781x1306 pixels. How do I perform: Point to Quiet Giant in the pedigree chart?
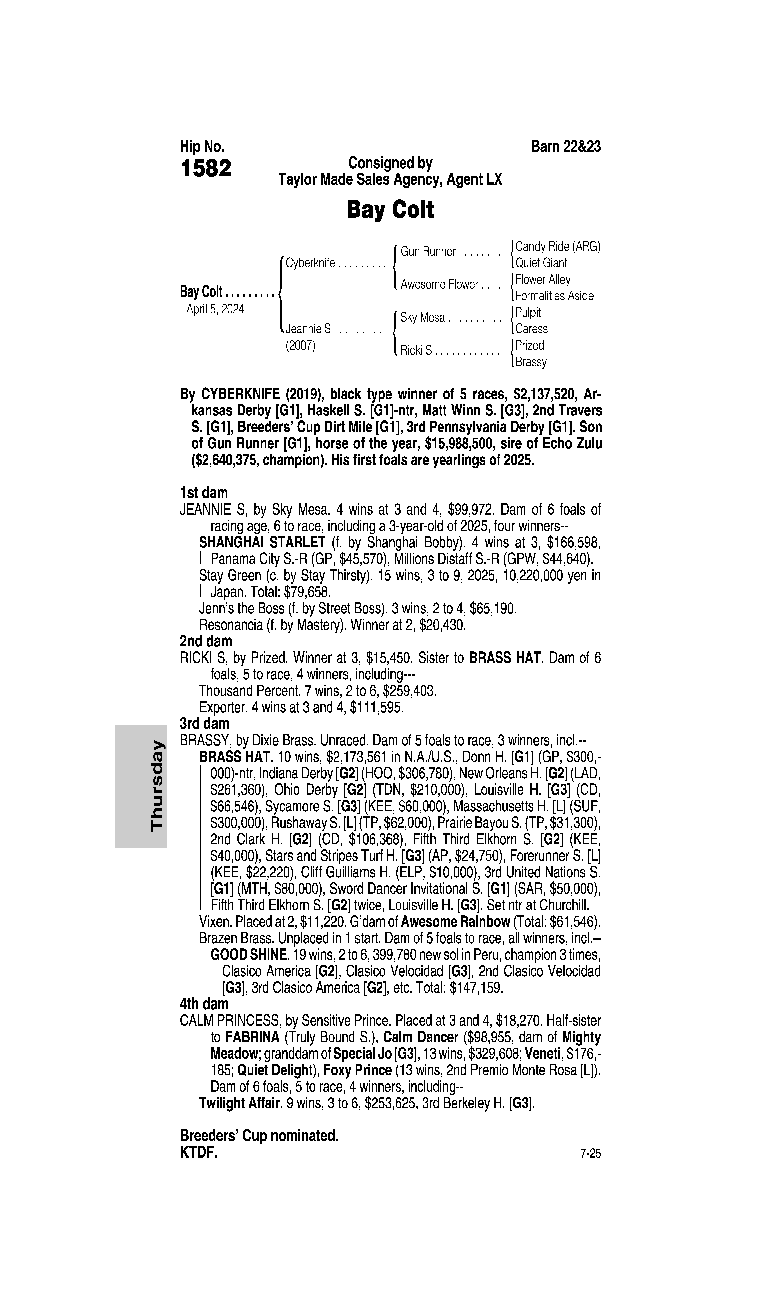pyautogui.click(x=541, y=263)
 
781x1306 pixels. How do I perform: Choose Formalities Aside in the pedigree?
pyautogui.click(x=554, y=296)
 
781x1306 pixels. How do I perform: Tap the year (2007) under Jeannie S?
pyautogui.click(x=300, y=346)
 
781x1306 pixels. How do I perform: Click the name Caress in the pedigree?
pyautogui.click(x=531, y=329)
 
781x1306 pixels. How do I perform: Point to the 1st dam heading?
pyautogui.click(x=204, y=493)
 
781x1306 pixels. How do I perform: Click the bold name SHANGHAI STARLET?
pyautogui.click(x=262, y=542)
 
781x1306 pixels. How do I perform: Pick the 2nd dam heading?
pyautogui.click(x=206, y=641)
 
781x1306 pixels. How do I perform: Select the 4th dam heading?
pyautogui.click(x=204, y=1004)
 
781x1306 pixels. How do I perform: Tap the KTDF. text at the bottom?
pyautogui.click(x=198, y=1152)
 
